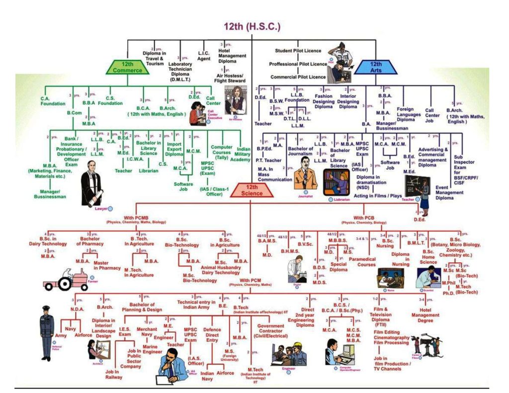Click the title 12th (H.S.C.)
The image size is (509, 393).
coord(252,26)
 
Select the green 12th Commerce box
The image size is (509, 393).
coord(128,67)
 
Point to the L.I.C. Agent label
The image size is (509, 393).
coord(204,56)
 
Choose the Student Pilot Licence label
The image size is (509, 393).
coord(298,51)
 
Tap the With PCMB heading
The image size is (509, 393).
coord(136,219)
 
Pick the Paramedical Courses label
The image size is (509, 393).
coord(362,262)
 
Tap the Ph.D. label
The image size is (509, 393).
coord(448,293)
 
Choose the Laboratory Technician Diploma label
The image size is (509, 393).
coord(180,72)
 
